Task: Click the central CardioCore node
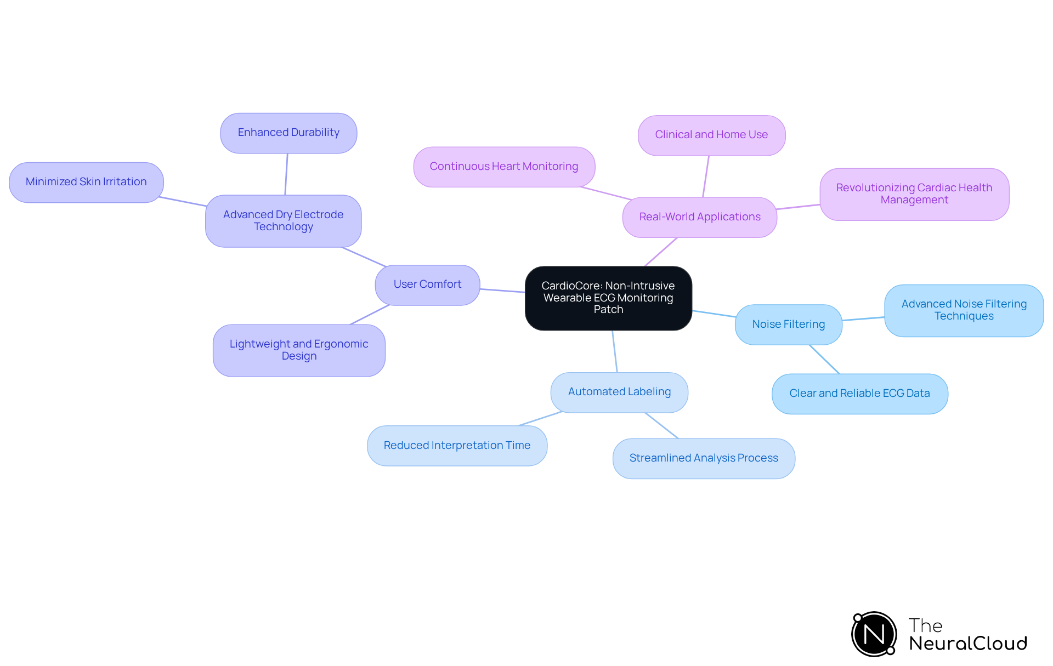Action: point(608,298)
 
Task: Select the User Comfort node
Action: point(427,284)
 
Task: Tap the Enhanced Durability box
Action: point(288,133)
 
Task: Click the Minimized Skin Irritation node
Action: point(86,182)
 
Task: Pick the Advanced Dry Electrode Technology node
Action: point(283,221)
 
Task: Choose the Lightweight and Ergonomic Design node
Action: point(299,350)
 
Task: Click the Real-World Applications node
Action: point(699,217)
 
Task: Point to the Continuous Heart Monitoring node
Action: point(504,167)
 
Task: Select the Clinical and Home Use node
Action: point(711,135)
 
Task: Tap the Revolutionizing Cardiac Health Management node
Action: point(914,194)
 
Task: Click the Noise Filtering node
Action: point(788,325)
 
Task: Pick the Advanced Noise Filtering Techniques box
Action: point(964,310)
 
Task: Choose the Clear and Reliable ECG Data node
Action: point(859,394)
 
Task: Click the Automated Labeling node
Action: point(619,392)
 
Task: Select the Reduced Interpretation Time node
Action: point(457,446)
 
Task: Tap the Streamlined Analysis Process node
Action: point(704,458)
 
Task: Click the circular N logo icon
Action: point(874,634)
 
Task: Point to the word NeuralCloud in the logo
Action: point(968,644)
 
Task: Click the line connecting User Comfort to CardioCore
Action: point(502,291)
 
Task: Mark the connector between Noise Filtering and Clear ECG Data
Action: point(824,359)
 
